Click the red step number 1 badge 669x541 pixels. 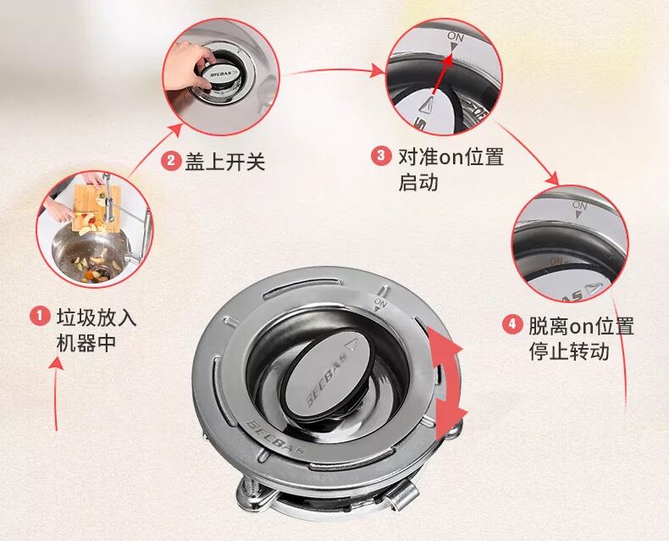(x=40, y=316)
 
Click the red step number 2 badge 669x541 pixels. (x=171, y=161)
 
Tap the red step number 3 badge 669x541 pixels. (x=380, y=156)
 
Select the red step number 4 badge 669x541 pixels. (x=512, y=325)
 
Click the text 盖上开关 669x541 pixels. (x=225, y=162)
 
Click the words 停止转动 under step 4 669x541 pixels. (x=569, y=351)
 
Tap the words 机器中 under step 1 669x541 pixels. (x=86, y=342)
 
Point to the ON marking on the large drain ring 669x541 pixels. (x=379, y=304)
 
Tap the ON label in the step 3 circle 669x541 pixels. (x=456, y=36)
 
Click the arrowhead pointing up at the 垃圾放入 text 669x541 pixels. (x=57, y=363)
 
